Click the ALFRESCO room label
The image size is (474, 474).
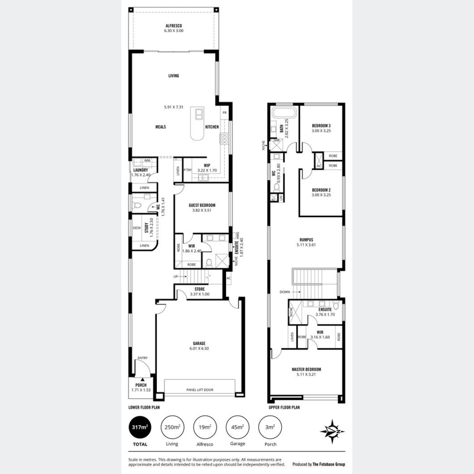[174, 26]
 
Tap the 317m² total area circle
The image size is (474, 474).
[140, 427]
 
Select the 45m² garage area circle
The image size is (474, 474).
[237, 427]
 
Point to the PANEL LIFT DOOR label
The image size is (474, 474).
[200, 390]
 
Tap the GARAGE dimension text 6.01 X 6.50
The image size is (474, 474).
[199, 348]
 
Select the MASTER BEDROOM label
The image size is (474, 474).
[306, 369]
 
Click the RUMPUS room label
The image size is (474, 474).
[306, 240]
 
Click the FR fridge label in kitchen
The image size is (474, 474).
[224, 113]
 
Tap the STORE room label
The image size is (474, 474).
[199, 289]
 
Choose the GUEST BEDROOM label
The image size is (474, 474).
[202, 205]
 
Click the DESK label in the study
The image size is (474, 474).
[137, 228]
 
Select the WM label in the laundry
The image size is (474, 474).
[147, 161]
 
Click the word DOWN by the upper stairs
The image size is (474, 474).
[284, 292]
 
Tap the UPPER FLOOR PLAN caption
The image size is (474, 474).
[284, 407]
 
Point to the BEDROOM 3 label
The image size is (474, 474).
[321, 126]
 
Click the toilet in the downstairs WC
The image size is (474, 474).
[137, 205]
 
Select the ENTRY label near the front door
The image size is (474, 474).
[143, 358]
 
